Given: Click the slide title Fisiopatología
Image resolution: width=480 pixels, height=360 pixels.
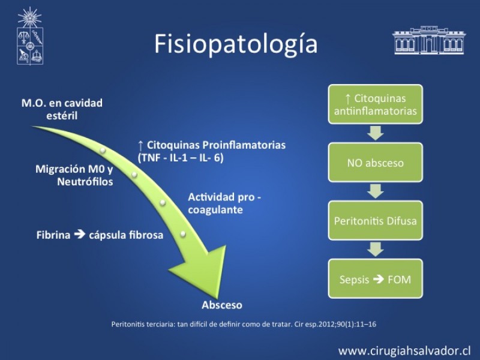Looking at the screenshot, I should [x=236, y=44].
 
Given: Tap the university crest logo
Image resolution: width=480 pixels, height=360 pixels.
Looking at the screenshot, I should [x=29, y=37].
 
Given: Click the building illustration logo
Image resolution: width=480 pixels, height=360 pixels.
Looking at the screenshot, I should [x=428, y=41].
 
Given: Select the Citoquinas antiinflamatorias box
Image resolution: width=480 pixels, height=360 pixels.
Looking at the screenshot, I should [x=375, y=104].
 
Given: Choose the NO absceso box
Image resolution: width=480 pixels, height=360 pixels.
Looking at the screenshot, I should [x=375, y=163].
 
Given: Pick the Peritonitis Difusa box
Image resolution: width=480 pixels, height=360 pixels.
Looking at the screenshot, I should [x=375, y=220].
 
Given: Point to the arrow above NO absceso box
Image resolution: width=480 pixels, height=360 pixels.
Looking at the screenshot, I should [x=375, y=133].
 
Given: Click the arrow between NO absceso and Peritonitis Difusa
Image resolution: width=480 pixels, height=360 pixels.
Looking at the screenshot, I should [x=375, y=191].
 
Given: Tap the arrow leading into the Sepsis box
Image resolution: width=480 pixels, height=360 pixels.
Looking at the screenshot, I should [x=375, y=250].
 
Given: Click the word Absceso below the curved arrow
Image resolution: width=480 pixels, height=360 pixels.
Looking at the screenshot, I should [x=222, y=305].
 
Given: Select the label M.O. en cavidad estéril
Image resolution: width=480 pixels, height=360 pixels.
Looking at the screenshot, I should [x=62, y=109].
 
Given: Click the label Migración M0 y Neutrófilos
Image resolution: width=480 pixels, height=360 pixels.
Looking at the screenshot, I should [x=74, y=175].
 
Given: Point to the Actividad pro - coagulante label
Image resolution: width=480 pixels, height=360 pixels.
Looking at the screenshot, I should [x=223, y=203].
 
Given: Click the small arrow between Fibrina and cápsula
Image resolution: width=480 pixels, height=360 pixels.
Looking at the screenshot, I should [x=80, y=235].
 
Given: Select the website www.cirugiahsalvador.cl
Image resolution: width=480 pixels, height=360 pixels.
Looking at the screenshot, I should [x=404, y=350].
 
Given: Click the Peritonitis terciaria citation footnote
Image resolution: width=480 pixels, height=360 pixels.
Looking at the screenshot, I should [x=244, y=324].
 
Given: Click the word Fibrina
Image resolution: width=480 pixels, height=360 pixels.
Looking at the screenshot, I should [x=53, y=235].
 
